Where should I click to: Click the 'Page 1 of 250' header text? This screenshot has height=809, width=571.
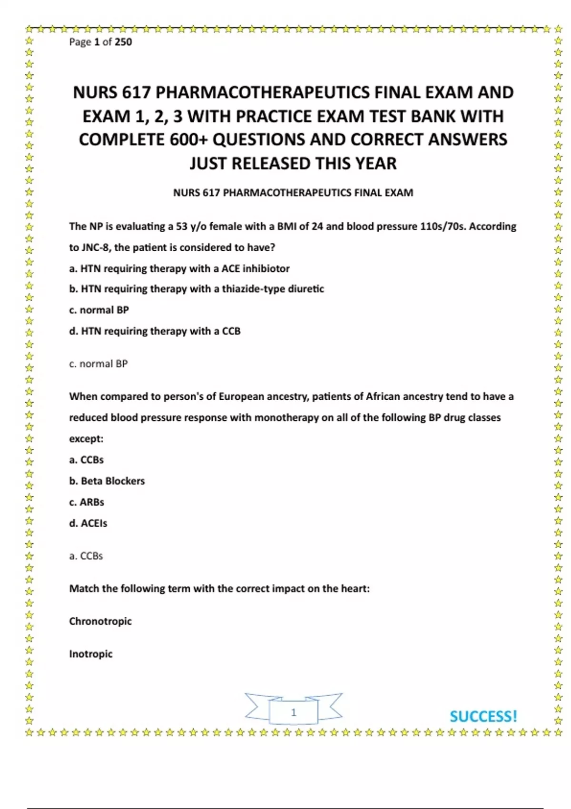(100, 42)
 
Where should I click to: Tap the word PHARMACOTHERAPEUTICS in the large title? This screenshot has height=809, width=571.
(262, 92)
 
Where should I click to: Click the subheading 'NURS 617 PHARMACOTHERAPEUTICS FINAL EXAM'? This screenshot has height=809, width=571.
(293, 193)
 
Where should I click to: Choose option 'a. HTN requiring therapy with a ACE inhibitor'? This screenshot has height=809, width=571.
(179, 268)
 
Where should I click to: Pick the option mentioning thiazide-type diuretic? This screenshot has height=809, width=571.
(197, 289)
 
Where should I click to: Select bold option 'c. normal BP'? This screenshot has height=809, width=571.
(99, 310)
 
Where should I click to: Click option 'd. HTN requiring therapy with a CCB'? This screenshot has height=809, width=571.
(155, 331)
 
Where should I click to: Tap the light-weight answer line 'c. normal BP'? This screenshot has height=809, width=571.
(98, 364)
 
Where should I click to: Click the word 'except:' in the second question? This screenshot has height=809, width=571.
(86, 439)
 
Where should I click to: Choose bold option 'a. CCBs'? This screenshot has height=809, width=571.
(86, 460)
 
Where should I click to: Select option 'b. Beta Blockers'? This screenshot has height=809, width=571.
(107, 481)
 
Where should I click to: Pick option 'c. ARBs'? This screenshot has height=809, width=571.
(87, 502)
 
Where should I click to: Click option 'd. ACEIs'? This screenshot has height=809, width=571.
(88, 523)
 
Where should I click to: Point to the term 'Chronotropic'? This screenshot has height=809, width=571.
(100, 621)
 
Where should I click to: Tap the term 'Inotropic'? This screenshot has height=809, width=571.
(91, 654)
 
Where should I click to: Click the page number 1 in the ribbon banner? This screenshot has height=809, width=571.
(294, 712)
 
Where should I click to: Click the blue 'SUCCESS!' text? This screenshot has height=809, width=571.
(483, 716)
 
